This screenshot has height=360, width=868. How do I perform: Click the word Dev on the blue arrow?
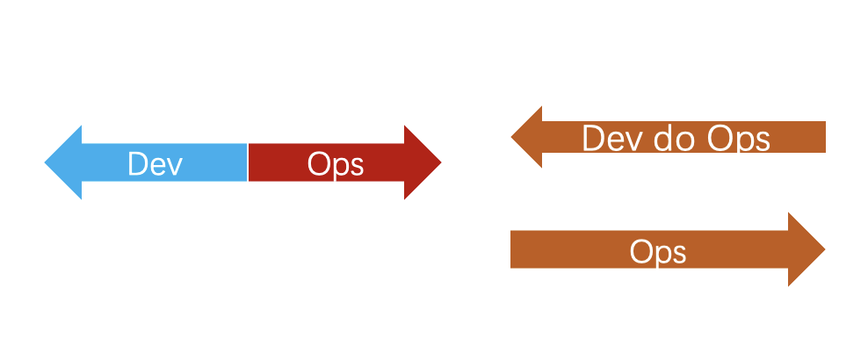[x=155, y=164]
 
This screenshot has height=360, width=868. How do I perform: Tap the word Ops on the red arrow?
[x=335, y=164]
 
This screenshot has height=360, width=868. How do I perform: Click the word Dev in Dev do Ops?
[x=611, y=139]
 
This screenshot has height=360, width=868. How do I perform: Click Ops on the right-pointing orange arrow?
[x=657, y=253]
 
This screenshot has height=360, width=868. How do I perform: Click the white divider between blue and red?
[x=248, y=162]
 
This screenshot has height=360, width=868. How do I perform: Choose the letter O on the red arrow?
[x=318, y=164]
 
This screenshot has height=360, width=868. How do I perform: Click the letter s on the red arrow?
[x=355, y=166]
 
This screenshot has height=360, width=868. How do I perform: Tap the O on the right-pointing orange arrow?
[x=640, y=253]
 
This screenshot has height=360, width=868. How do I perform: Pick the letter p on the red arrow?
[x=338, y=168]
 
